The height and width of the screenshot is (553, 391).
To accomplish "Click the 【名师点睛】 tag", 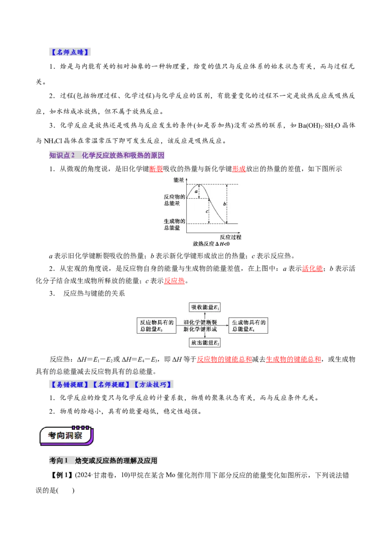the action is (70, 53).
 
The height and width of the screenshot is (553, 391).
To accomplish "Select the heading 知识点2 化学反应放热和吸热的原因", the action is (108, 155).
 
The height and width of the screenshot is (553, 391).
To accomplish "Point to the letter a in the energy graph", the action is (196, 192).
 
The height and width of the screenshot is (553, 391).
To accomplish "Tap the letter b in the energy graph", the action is (224, 203).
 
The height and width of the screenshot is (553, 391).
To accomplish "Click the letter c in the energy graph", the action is (207, 211).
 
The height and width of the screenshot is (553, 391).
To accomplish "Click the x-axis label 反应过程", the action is (230, 237).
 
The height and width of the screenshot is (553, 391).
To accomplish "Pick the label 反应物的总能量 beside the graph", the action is (174, 199).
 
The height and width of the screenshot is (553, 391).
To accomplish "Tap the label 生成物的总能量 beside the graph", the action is (174, 224).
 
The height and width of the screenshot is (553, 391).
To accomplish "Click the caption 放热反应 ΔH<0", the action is (211, 244).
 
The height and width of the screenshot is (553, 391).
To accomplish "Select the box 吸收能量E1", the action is (205, 307).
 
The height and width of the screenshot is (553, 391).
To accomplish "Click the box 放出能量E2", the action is (205, 343).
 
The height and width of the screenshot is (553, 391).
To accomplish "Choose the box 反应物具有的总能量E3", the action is (156, 326).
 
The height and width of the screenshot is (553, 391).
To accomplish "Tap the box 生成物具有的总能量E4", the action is (249, 326).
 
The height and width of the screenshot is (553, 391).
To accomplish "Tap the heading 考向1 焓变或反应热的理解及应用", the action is (104, 460).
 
